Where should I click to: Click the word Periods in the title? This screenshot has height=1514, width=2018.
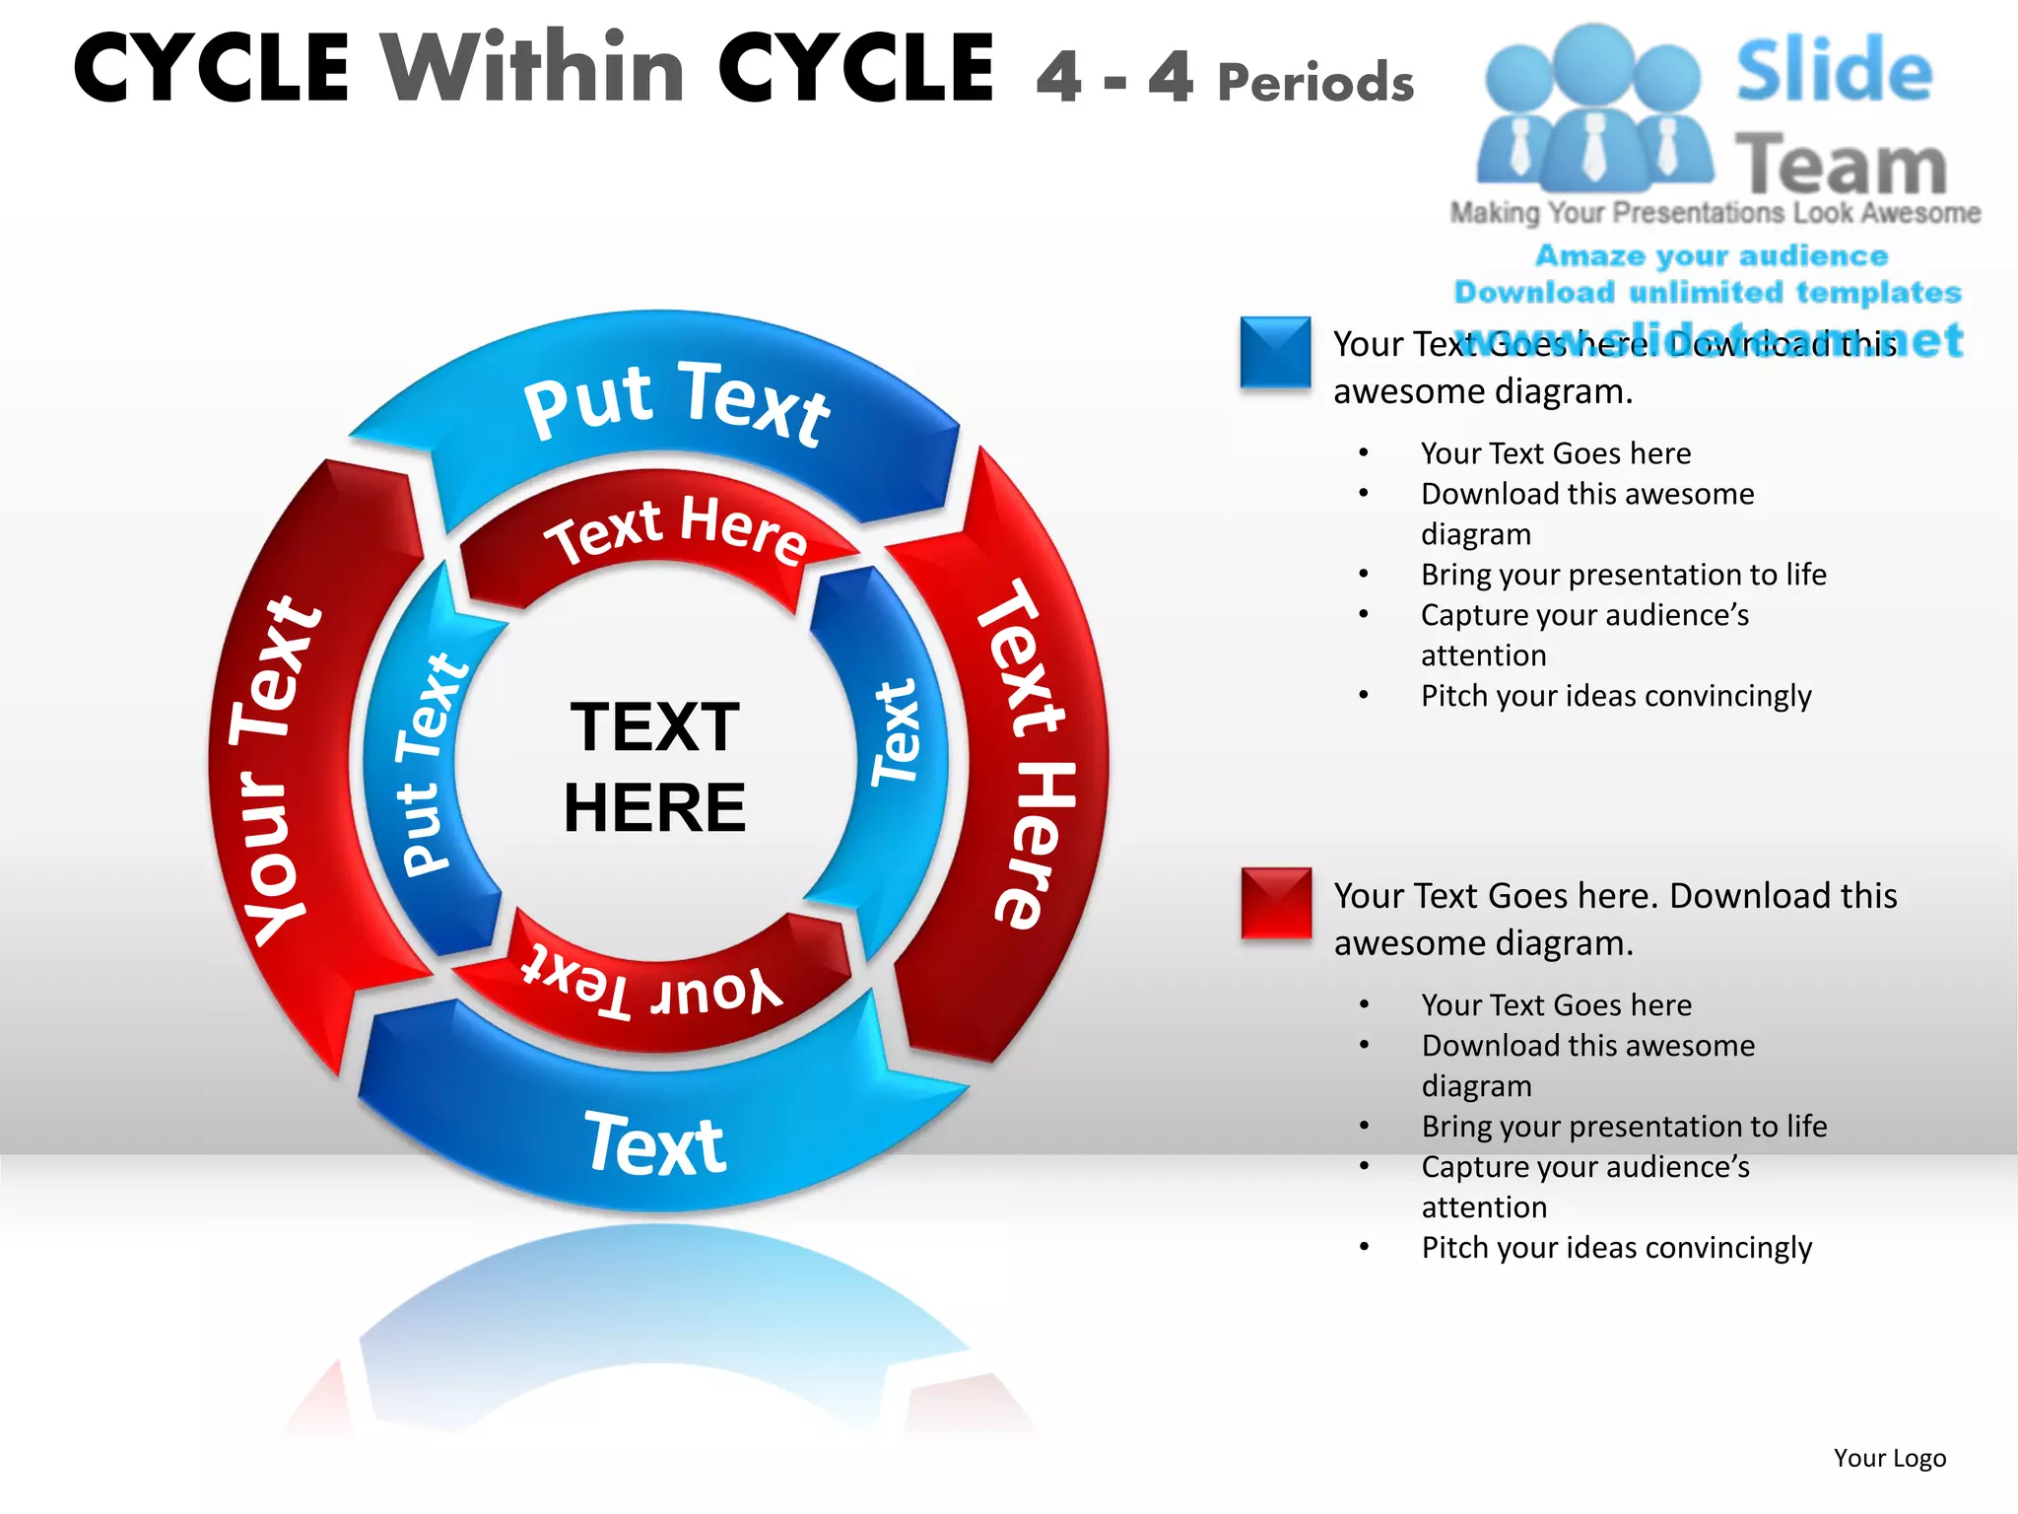(1315, 83)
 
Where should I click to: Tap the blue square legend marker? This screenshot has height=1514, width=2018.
(1275, 352)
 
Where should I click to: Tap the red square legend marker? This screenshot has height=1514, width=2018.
(1276, 902)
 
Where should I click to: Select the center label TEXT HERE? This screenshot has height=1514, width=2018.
(654, 767)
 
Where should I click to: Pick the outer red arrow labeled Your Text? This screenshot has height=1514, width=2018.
(277, 769)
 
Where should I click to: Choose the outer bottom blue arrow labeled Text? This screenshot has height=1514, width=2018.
(655, 1143)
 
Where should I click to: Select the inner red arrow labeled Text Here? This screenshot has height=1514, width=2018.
(676, 532)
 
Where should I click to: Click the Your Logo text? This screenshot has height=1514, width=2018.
(1889, 1458)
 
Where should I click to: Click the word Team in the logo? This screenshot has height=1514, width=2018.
(1840, 166)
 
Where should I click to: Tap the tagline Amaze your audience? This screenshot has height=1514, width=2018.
(1712, 256)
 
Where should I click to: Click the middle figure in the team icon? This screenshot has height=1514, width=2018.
(1592, 108)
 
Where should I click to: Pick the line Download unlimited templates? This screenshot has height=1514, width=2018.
(1708, 293)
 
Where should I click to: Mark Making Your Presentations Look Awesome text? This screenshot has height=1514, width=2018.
(1715, 213)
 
